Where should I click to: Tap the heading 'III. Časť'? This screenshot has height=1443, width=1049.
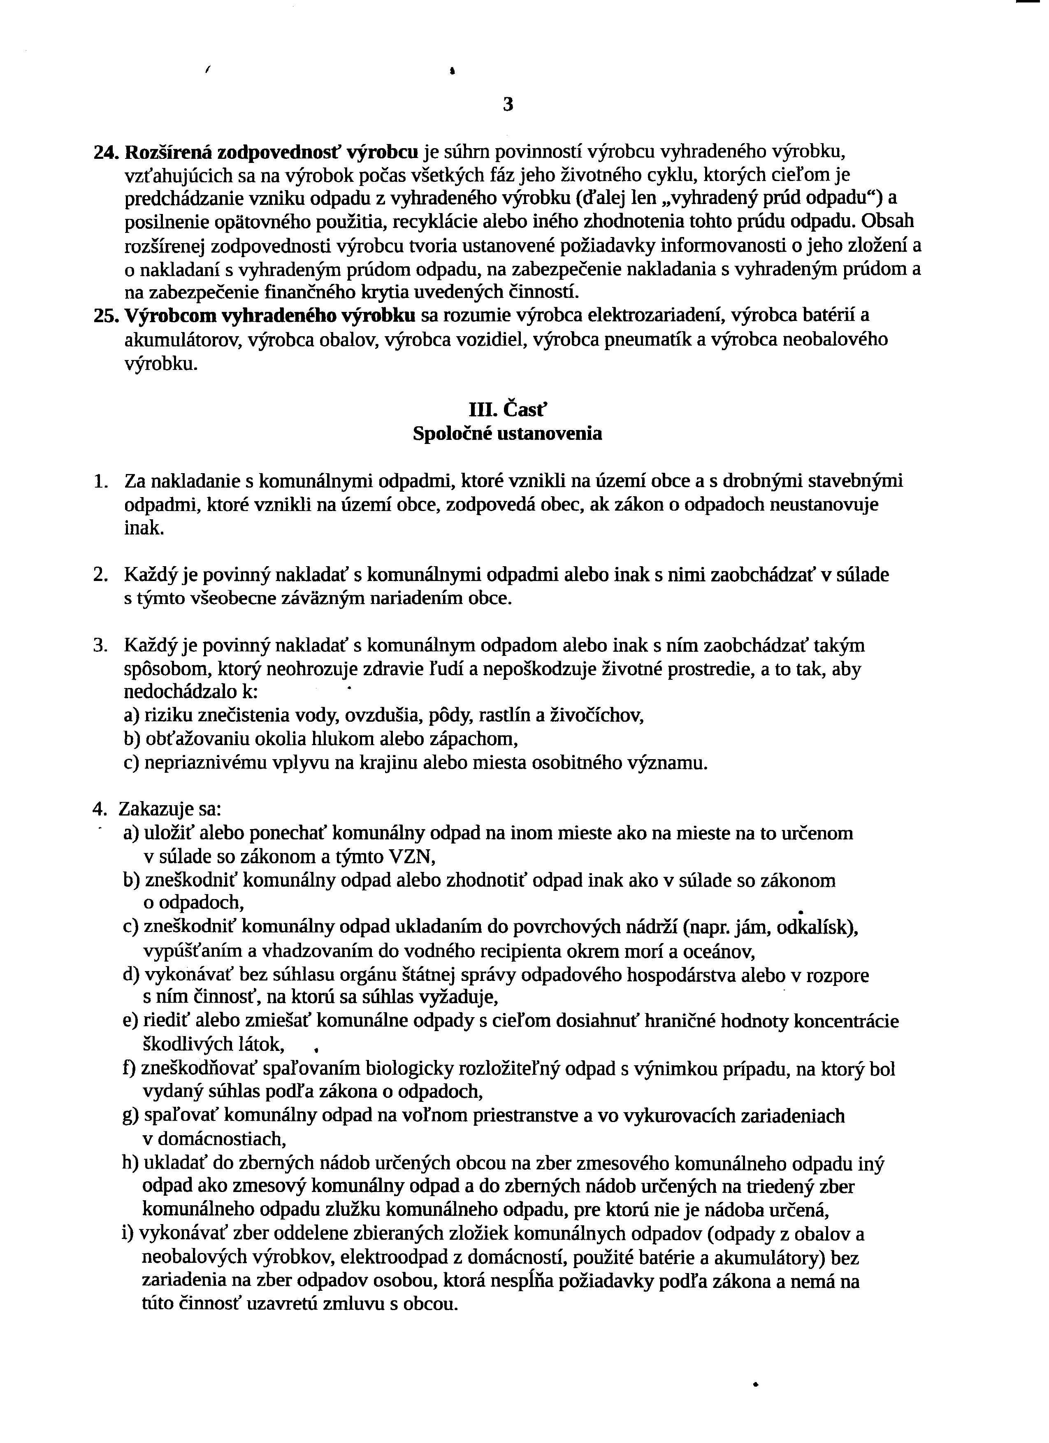click(507, 409)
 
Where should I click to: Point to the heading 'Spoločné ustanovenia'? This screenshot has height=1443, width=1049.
click(507, 434)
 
